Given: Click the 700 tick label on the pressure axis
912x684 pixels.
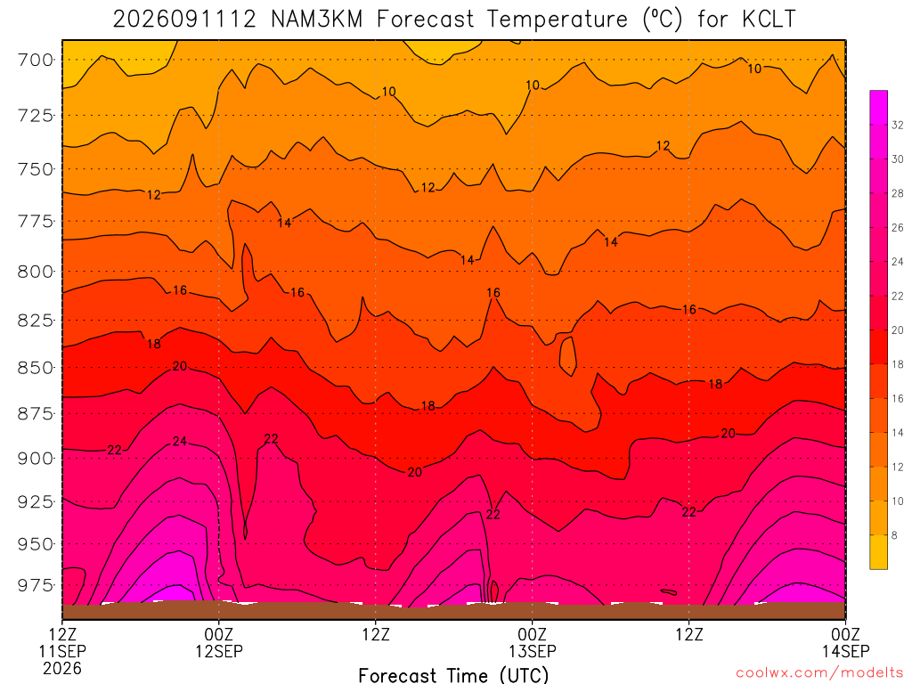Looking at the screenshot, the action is point(35,60).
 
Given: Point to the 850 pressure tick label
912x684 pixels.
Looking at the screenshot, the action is point(35,368).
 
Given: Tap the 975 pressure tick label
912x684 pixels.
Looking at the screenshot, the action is point(35,585).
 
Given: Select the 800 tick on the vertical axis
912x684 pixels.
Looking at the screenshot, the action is point(35,272).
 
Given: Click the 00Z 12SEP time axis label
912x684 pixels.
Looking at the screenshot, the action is point(219,642).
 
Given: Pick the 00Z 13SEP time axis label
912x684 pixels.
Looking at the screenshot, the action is point(533,642).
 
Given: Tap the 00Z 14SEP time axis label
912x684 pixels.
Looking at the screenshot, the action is point(845,642).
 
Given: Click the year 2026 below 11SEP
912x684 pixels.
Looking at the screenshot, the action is point(61,668).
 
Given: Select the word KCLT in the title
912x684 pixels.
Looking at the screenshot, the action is point(769,20).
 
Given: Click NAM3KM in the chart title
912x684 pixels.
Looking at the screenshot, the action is point(316,20).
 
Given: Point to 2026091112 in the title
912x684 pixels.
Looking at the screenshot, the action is point(183,20).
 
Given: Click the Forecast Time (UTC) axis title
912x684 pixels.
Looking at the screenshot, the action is point(453,675).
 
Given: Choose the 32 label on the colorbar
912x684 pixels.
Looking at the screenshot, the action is point(898,125).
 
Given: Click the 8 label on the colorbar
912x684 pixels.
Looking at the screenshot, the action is point(894,535).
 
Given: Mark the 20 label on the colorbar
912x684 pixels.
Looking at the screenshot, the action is point(898,330).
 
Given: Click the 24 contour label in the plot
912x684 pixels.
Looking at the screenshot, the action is point(180,442).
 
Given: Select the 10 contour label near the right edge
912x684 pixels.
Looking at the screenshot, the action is point(754,69).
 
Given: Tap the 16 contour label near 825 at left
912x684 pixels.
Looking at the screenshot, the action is point(180,289).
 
